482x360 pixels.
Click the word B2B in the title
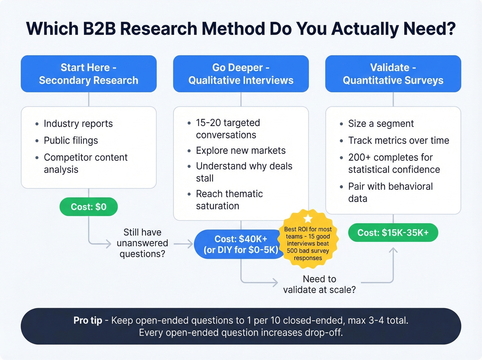(x=99, y=29)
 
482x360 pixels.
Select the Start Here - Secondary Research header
(x=88, y=74)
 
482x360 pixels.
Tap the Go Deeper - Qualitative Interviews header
(x=241, y=74)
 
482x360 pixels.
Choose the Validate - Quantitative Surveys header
(x=393, y=74)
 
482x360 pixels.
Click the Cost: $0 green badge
(x=88, y=207)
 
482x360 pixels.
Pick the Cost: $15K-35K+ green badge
(x=393, y=233)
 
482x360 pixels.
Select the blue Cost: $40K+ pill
(x=241, y=244)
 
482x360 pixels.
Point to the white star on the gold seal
(x=308, y=219)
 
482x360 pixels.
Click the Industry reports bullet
(x=78, y=124)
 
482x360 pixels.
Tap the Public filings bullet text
(x=71, y=141)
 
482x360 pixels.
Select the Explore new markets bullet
(x=241, y=151)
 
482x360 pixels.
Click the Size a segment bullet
(x=381, y=124)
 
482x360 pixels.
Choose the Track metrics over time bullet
(x=398, y=141)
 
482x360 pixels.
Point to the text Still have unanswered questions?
(x=142, y=243)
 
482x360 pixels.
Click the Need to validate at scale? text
(x=319, y=284)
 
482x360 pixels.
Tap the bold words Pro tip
(x=88, y=320)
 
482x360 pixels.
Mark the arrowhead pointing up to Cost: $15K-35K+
(x=393, y=250)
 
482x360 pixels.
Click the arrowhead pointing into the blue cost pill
(x=189, y=244)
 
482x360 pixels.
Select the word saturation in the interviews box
(x=218, y=206)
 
